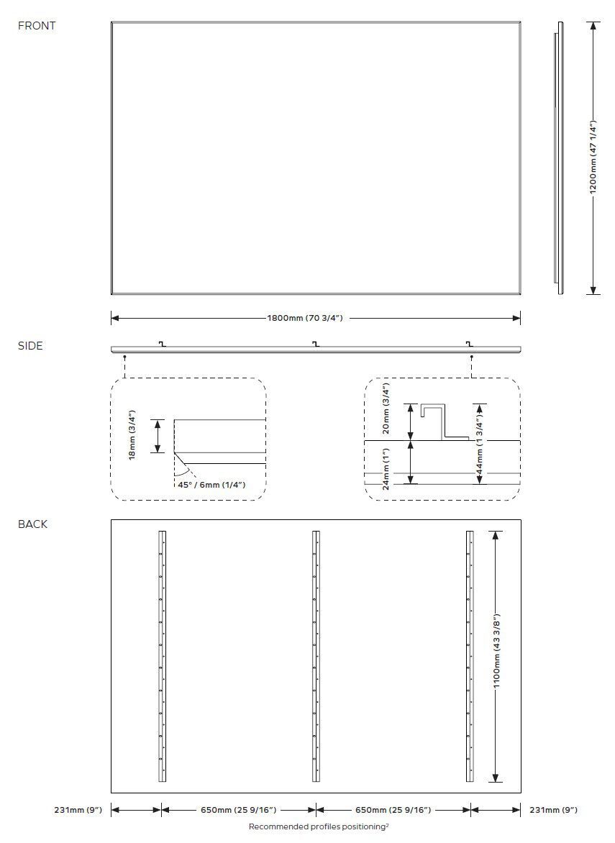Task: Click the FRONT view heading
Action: pyautogui.click(x=37, y=26)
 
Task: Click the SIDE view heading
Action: pyautogui.click(x=30, y=346)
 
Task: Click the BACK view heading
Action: pyautogui.click(x=32, y=524)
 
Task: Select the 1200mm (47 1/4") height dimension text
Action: pyautogui.click(x=593, y=157)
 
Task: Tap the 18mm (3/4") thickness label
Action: pyautogui.click(x=132, y=436)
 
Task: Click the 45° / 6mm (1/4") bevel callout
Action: pyautogui.click(x=211, y=485)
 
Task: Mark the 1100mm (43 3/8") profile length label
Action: pyautogui.click(x=496, y=657)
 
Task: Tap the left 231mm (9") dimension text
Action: pyautogui.click(x=78, y=810)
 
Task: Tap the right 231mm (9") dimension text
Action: pyautogui.click(x=553, y=810)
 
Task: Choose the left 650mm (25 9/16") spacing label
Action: pyautogui.click(x=238, y=810)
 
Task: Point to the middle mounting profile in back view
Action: pyautogui.click(x=316, y=656)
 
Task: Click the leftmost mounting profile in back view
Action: pyautogui.click(x=162, y=656)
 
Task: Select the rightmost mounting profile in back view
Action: pyautogui.click(x=470, y=656)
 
